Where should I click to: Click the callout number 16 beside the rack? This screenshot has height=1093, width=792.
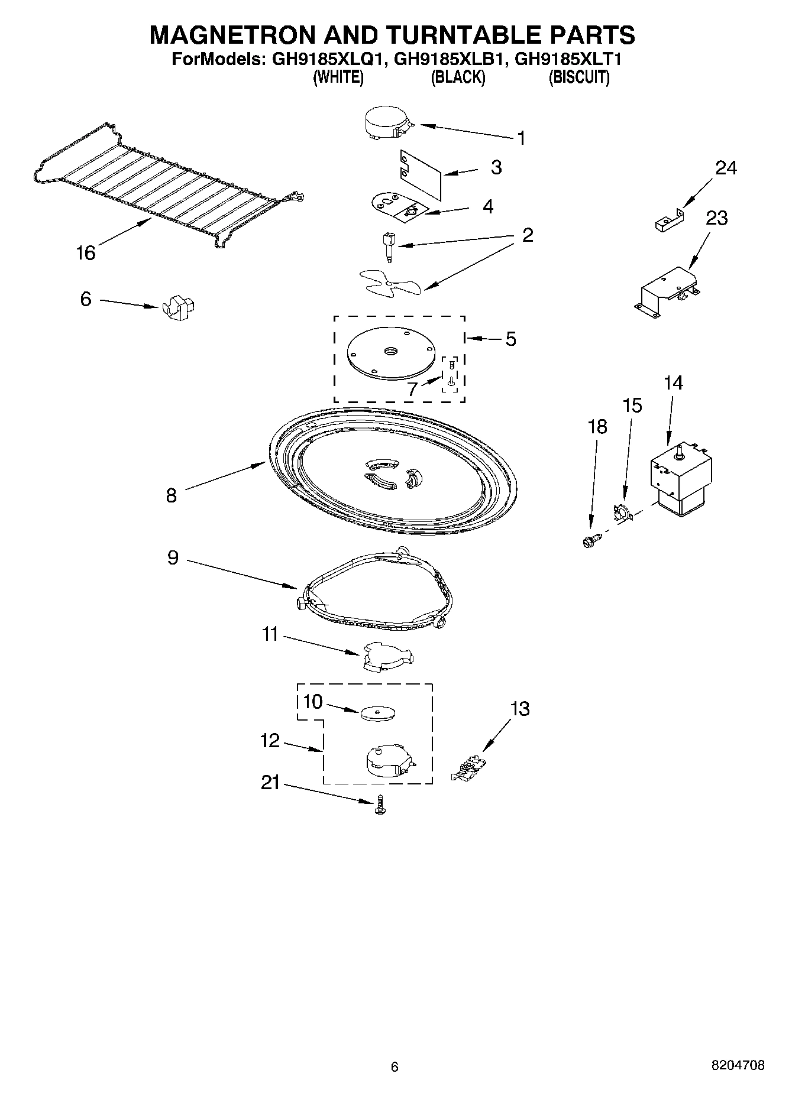click(x=86, y=253)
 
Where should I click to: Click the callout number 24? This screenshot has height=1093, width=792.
click(x=726, y=168)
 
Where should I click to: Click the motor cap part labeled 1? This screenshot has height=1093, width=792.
click(x=385, y=123)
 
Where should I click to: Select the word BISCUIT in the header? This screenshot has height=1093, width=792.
click(x=579, y=77)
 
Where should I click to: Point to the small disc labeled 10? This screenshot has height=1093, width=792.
click(x=377, y=712)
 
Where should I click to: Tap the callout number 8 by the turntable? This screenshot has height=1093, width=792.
click(x=171, y=495)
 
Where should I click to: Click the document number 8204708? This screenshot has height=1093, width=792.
click(x=738, y=1065)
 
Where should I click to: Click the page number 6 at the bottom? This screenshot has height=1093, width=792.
click(x=395, y=1066)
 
